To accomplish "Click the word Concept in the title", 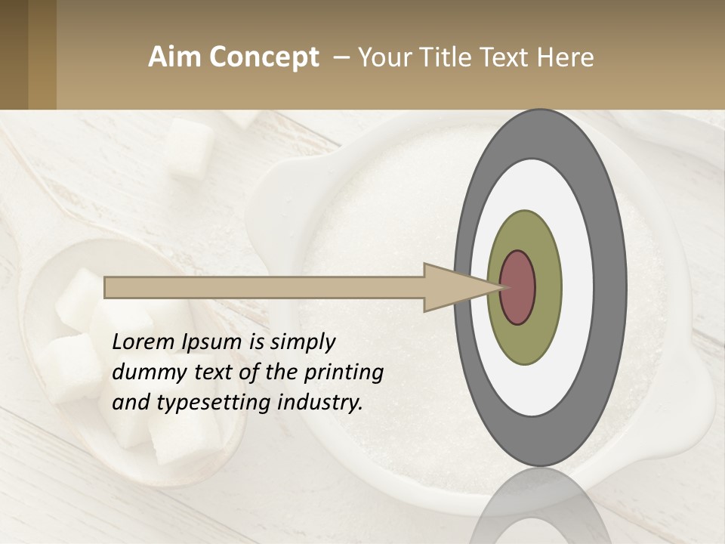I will pyautogui.click(x=264, y=57).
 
